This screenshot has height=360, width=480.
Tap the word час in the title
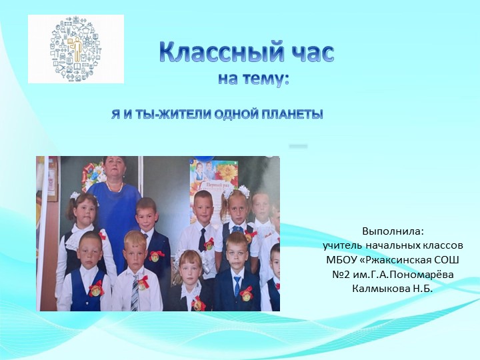[304, 53]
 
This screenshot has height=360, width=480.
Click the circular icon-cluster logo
[76, 49]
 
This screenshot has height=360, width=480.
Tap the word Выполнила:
[393, 231]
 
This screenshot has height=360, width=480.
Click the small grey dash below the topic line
[299, 145]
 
